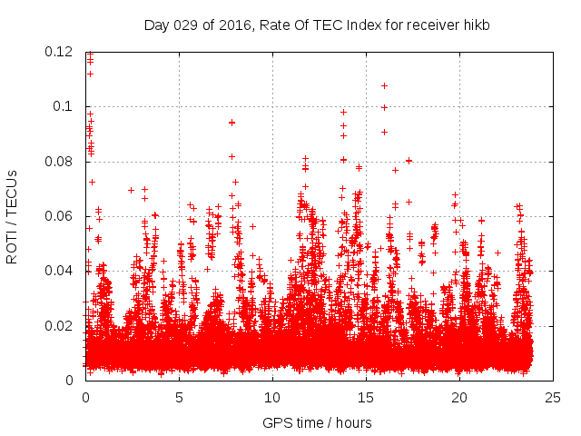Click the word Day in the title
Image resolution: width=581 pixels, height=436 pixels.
[x=157, y=25]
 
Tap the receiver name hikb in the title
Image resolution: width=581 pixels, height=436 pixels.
[x=475, y=25]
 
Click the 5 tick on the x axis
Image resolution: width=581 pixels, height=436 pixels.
[x=179, y=397]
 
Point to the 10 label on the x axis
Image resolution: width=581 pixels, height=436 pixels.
[x=272, y=397]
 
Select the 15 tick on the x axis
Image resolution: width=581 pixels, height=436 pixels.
[x=366, y=397]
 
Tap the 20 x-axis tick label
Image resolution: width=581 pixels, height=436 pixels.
[x=459, y=397]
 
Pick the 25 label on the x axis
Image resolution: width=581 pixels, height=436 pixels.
[x=553, y=397]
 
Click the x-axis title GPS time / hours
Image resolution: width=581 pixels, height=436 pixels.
[x=317, y=422]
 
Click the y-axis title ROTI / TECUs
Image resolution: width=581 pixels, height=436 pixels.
[x=13, y=216]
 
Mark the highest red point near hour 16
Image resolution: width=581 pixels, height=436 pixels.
[x=384, y=85]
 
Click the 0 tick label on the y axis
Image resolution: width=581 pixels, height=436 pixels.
[x=72, y=380]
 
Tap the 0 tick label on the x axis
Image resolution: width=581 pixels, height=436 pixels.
[x=85, y=397]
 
